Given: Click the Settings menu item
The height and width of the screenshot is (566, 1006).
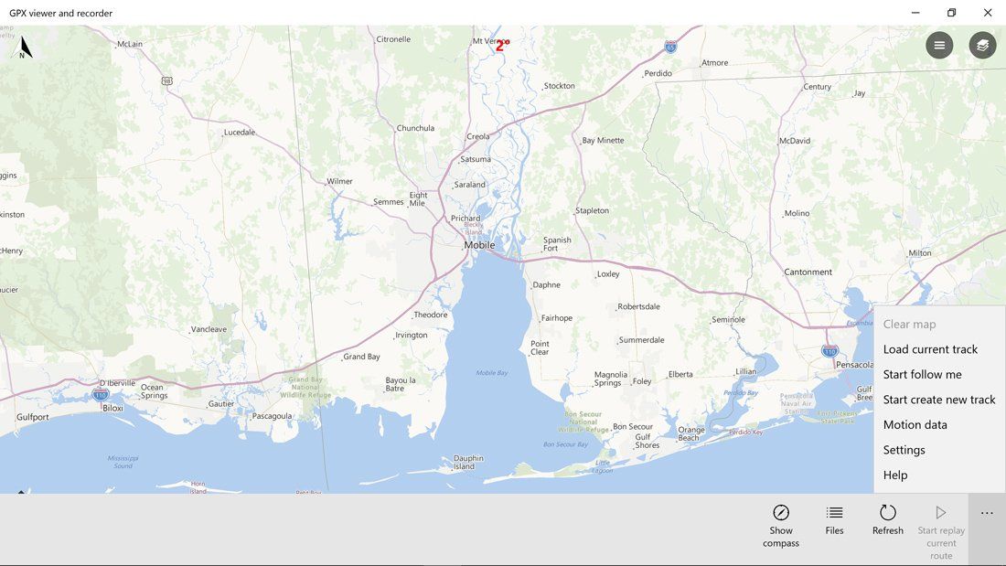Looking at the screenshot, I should pos(904,450).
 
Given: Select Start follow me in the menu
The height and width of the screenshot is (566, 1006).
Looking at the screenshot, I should pos(922,374).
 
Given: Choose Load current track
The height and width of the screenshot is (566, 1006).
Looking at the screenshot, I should pos(930,349).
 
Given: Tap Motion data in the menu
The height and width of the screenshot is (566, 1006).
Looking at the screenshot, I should pos(915,424).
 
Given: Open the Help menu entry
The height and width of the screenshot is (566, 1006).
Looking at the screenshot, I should pos(895,475).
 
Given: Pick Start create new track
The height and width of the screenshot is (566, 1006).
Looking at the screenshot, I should pos(938,400).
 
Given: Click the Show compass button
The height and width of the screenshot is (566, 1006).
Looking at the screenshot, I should pos(781,525).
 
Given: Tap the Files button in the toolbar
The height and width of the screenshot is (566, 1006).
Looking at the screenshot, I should pos(834,519).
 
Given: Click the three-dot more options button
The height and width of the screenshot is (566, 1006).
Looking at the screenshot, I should pos(987,514).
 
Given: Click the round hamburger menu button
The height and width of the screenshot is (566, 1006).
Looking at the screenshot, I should pos(939,46).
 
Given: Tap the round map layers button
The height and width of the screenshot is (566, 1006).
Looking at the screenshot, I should pos(983,46).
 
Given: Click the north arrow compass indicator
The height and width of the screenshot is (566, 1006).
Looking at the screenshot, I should pos(25,48).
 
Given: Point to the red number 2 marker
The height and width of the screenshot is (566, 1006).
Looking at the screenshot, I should pos(500,46).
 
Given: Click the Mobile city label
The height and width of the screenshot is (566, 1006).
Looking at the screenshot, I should pos(479,245).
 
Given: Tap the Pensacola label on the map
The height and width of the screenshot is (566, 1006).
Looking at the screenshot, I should pos(854,364).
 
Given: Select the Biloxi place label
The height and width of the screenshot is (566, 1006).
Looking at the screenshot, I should pos(112,408).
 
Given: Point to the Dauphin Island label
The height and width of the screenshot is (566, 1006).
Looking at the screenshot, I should pos(468,462).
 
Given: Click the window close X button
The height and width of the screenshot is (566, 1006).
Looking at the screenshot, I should pos(988,13).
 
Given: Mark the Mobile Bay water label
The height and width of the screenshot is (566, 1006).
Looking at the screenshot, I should pos(491,372).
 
